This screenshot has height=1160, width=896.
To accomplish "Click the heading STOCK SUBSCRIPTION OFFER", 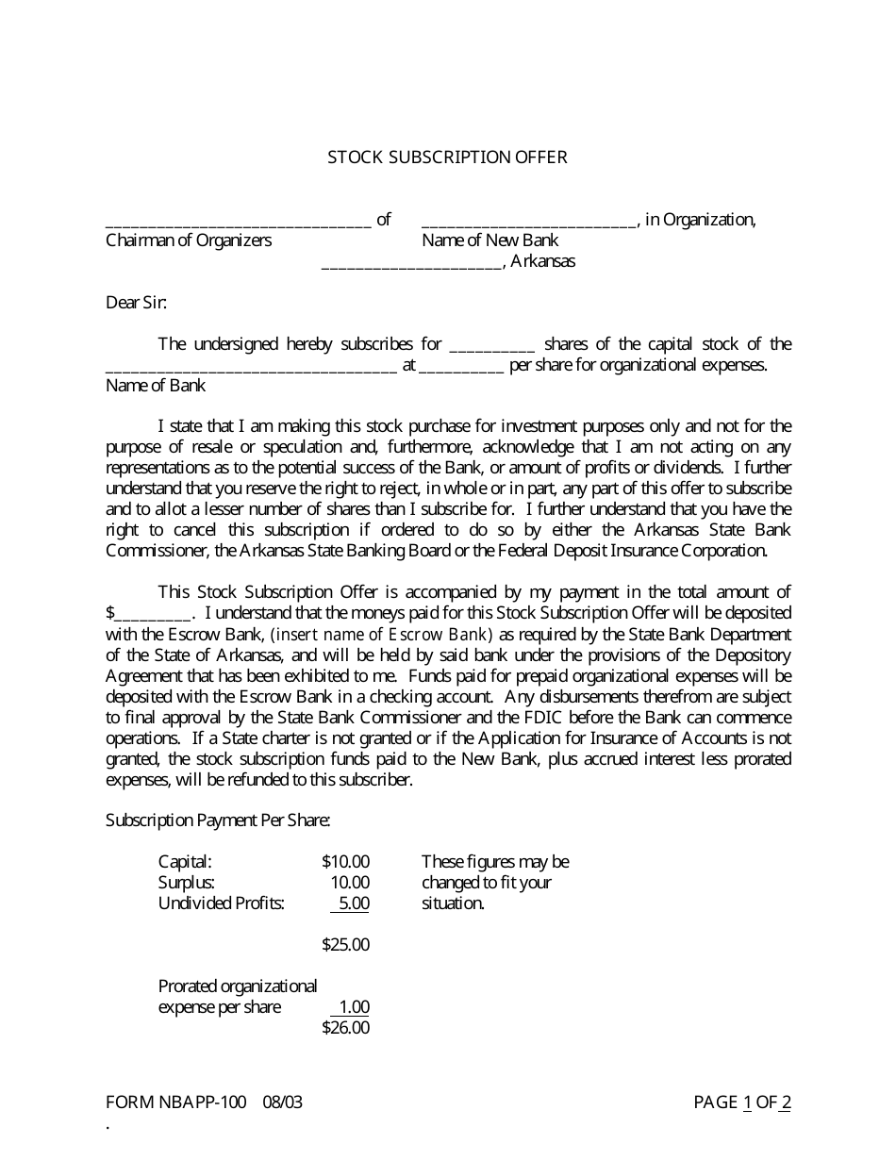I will [447, 157].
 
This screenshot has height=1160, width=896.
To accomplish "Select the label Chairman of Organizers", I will [189, 240].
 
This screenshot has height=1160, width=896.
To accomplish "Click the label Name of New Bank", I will [490, 240].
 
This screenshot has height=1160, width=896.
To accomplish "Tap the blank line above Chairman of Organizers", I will [238, 224].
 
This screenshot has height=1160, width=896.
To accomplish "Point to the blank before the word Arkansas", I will [411, 266].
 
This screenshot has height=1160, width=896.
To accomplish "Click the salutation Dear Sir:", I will [137, 303].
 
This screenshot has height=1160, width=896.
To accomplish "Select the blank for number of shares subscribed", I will [493, 348].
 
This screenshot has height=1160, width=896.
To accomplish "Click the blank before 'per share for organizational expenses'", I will [460, 369].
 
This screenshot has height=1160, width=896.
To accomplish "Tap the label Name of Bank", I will [156, 386].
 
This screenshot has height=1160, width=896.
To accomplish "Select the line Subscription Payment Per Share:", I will [218, 820].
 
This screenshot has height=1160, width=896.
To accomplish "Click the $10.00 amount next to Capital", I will [345, 862].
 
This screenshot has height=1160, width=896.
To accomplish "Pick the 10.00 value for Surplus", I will [350, 883].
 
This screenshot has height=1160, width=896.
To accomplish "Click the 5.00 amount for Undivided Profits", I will [353, 903].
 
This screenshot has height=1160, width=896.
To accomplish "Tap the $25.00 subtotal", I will [345, 945].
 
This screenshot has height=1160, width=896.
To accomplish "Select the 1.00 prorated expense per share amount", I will [354, 1007].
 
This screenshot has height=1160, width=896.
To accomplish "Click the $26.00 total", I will [345, 1028].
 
